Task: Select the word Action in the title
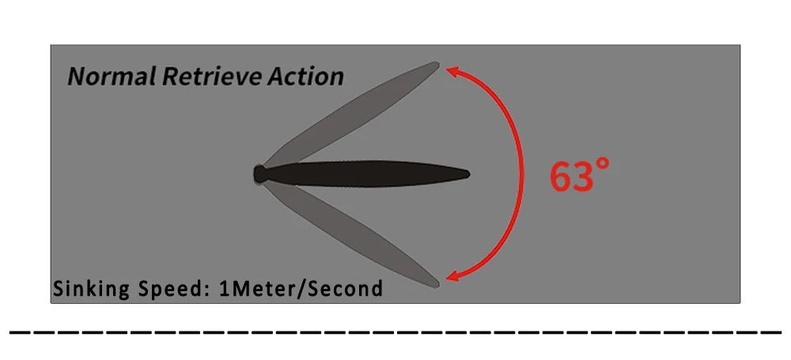tap(304, 77)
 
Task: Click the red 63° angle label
tap(580, 176)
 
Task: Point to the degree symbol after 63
tap(604, 165)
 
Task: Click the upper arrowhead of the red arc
tap(453, 71)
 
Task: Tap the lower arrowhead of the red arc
tap(453, 276)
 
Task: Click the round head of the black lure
tap(259, 174)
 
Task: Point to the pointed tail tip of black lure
tap(468, 174)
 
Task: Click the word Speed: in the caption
tap(168, 289)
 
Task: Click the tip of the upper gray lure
tap(437, 64)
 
